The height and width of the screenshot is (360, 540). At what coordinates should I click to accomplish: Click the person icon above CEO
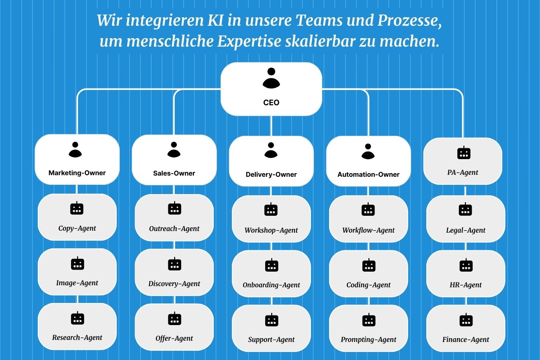click(x=271, y=78)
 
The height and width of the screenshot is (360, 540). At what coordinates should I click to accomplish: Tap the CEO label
click(x=271, y=103)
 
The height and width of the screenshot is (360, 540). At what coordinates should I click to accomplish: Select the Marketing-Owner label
click(x=77, y=173)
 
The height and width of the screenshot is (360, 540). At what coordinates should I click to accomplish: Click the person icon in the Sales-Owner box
click(x=174, y=149)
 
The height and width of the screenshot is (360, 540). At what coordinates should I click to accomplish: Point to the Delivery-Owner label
click(x=271, y=175)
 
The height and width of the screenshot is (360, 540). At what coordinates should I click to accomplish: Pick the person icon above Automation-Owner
click(x=368, y=151)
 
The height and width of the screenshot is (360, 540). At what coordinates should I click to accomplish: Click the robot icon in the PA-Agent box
click(x=464, y=153)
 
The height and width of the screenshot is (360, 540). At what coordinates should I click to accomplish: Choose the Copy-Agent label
click(x=77, y=229)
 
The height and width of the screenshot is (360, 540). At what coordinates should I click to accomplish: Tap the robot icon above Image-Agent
click(x=77, y=264)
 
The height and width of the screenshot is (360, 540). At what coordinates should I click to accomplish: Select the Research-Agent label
click(x=77, y=338)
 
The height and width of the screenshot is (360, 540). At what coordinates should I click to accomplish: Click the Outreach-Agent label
click(x=174, y=229)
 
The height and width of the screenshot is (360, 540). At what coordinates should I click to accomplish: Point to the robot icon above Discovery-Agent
click(x=174, y=264)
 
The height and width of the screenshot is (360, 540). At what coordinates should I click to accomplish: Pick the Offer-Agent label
click(x=174, y=339)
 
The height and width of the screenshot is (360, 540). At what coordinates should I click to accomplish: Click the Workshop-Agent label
click(x=271, y=231)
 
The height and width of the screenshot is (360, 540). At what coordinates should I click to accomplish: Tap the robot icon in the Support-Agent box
click(x=272, y=320)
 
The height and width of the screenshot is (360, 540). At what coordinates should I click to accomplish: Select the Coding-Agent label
click(x=368, y=285)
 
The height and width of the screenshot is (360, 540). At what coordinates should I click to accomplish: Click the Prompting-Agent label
click(x=368, y=340)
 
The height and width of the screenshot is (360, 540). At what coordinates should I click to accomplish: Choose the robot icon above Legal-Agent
click(x=465, y=209)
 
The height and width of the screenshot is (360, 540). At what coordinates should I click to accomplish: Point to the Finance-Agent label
click(x=466, y=340)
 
